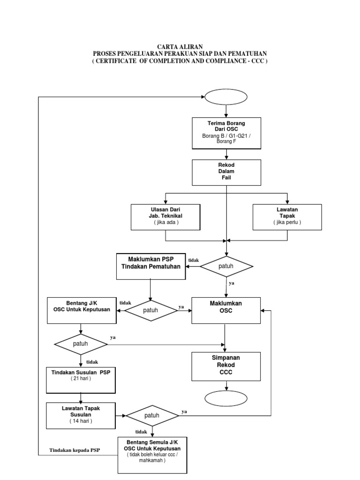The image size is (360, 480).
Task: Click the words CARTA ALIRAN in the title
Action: pyautogui.click(x=180, y=46)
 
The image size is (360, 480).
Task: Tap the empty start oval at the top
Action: pyautogui.click(x=226, y=97)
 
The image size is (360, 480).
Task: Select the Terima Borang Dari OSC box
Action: pyautogui.click(x=226, y=133)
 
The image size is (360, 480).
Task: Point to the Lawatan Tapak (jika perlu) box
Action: pyautogui.click(x=287, y=217)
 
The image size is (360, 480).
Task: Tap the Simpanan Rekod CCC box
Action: pyautogui.click(x=226, y=366)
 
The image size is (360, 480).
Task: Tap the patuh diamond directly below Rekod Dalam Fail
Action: pyautogui.click(x=227, y=266)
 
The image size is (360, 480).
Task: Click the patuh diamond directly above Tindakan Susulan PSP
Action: pyautogui.click(x=81, y=344)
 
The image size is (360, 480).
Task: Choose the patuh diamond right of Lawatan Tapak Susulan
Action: pyautogui.click(x=152, y=415)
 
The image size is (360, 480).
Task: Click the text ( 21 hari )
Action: pyautogui.click(x=81, y=378)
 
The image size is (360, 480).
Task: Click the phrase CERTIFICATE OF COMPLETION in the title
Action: pyautogui.click(x=146, y=61)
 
